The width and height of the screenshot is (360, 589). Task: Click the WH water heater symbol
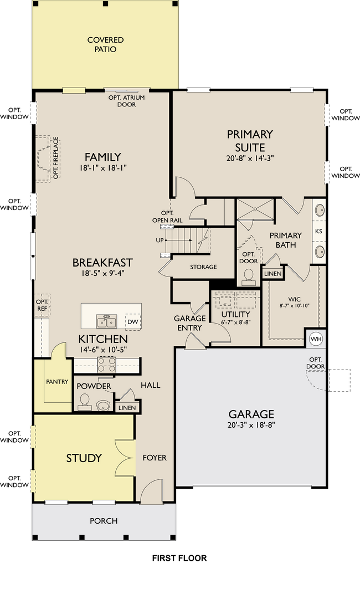pos(316,339)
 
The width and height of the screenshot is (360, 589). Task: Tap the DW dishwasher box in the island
pos(133,321)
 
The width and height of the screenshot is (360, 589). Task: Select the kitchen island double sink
pos(106,321)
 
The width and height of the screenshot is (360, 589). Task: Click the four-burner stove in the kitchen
pos(106,365)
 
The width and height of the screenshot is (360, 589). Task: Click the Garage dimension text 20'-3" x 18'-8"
pos(251,425)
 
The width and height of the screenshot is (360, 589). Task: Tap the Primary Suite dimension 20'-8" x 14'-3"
pos(250,158)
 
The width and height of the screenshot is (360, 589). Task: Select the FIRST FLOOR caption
pos(179,558)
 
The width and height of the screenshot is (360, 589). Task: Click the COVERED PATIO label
pos(105,44)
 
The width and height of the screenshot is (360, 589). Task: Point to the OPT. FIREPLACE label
pos(55,158)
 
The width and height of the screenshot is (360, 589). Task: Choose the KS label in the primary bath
pos(318,231)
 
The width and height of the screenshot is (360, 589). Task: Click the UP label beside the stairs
pos(160,240)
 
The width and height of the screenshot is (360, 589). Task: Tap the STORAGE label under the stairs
pos(203,267)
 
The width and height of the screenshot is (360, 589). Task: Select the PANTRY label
pos(57,382)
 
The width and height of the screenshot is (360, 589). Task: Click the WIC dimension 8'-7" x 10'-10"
pos(294,306)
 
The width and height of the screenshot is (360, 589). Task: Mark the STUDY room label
pos(84,458)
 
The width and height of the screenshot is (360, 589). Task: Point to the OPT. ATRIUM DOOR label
pos(126,101)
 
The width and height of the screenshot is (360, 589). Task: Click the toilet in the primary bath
pos(248,275)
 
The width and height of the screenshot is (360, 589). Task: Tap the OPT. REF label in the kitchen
pos(42,305)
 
